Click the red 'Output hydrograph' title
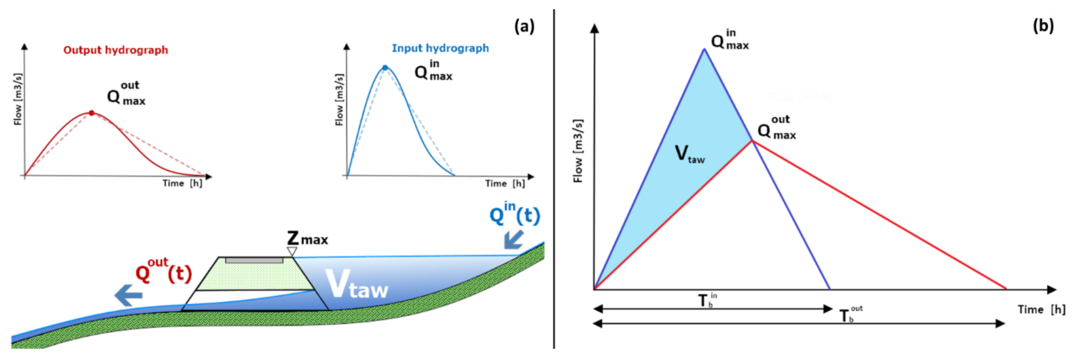[116, 50]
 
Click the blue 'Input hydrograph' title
[440, 48]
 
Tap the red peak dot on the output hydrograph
[92, 113]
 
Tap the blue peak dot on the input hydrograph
[385, 68]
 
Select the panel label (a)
[524, 27]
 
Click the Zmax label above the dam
[307, 239]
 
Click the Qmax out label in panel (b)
[777, 128]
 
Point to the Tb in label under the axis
[707, 300]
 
